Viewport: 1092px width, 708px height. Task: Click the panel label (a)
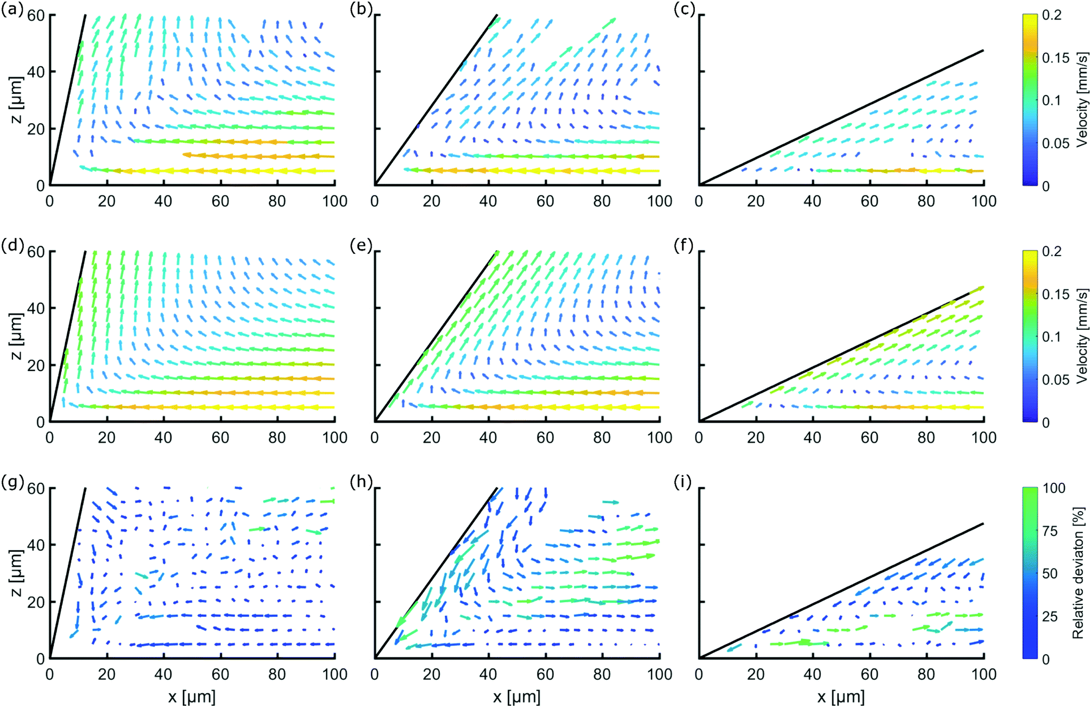click(x=12, y=10)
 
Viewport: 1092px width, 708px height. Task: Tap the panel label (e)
click(x=361, y=246)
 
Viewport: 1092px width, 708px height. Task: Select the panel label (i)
click(x=682, y=482)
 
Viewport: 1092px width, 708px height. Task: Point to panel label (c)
click(x=684, y=9)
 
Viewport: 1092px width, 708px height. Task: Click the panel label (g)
click(x=12, y=482)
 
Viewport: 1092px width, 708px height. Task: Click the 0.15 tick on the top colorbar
click(x=1055, y=58)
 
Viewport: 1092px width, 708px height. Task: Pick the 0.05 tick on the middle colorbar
click(x=1055, y=380)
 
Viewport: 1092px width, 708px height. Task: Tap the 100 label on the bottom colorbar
click(x=1053, y=488)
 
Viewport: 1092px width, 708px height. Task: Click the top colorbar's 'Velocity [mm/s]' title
click(x=1082, y=100)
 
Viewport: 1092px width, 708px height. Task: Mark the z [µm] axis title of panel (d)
click(x=16, y=336)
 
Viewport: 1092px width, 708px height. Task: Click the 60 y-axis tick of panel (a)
click(x=36, y=15)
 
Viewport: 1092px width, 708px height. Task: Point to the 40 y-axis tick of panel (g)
click(x=36, y=545)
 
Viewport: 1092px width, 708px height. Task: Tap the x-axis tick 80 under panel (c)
click(x=926, y=201)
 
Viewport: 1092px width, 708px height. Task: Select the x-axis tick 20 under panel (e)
click(x=431, y=438)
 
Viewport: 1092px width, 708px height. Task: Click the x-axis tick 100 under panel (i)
click(x=984, y=674)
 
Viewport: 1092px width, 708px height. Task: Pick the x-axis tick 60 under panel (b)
click(x=545, y=201)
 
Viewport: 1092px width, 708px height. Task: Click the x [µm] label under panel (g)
click(x=191, y=697)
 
